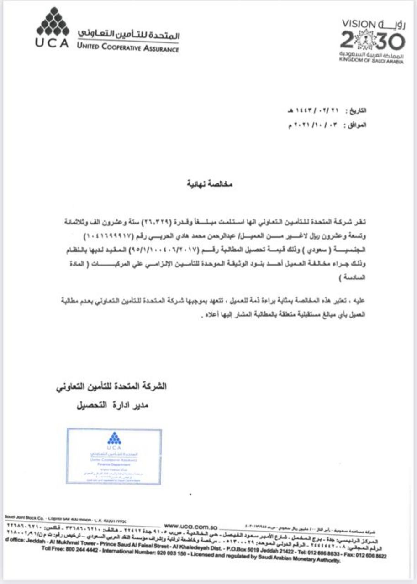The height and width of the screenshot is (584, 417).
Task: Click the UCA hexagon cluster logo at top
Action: click(53, 22)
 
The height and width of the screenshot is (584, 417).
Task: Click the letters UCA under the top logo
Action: click(52, 44)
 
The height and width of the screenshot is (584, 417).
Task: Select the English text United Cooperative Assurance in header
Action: click(128, 48)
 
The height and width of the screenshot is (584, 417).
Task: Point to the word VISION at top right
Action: click(358, 23)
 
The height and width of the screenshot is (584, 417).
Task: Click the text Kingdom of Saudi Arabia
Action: click(371, 61)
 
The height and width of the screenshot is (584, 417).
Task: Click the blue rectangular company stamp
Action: click(114, 456)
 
